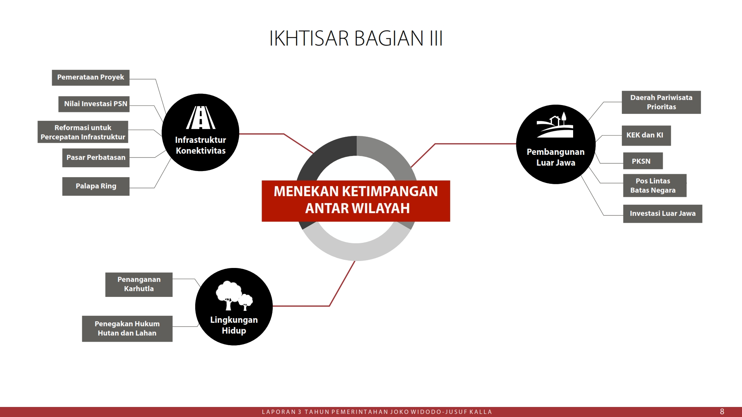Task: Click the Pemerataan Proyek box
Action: [91, 78]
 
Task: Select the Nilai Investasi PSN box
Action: [94, 104]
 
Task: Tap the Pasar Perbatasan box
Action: [96, 158]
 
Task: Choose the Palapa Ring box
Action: [96, 186]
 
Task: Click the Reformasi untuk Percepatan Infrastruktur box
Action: [83, 132]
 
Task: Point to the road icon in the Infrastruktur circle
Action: [201, 117]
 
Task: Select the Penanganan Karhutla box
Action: [139, 285]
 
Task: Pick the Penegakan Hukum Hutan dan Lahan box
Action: [127, 329]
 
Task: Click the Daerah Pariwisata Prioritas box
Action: [661, 102]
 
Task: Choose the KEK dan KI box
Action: [646, 136]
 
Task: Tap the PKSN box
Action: [643, 161]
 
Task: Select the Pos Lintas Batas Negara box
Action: [655, 186]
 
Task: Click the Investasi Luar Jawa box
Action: [662, 214]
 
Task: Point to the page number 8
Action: [722, 412]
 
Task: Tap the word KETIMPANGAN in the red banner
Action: [390, 192]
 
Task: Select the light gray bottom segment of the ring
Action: [356, 247]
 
